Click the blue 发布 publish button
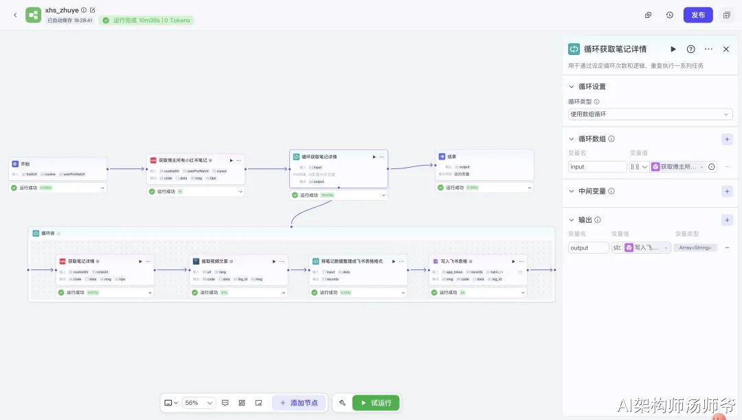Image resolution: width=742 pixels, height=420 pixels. [698, 15]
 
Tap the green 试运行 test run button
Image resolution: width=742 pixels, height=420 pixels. [376, 403]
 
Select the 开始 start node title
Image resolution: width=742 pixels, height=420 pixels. [25, 164]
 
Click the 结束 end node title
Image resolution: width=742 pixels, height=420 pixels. [452, 157]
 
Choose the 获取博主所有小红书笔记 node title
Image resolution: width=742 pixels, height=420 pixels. [183, 160]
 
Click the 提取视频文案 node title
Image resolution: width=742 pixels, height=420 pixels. [214, 261]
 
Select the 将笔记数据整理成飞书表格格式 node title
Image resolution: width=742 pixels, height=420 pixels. [352, 261]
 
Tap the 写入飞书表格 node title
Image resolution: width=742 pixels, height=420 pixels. [454, 261]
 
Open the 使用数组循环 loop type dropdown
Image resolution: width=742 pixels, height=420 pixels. [650, 114]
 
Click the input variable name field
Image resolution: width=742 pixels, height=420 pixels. [597, 166]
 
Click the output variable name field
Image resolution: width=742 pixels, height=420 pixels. [588, 247]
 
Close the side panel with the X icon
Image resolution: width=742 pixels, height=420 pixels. [726, 49]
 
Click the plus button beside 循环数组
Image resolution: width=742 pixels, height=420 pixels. [727, 139]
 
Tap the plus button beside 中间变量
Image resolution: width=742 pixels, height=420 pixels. [727, 191]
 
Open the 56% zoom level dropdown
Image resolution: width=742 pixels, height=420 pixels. [199, 403]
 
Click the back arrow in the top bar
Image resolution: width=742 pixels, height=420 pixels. [15, 15]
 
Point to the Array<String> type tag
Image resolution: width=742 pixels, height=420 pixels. [695, 247]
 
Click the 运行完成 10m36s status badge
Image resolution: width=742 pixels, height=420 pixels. [146, 21]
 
